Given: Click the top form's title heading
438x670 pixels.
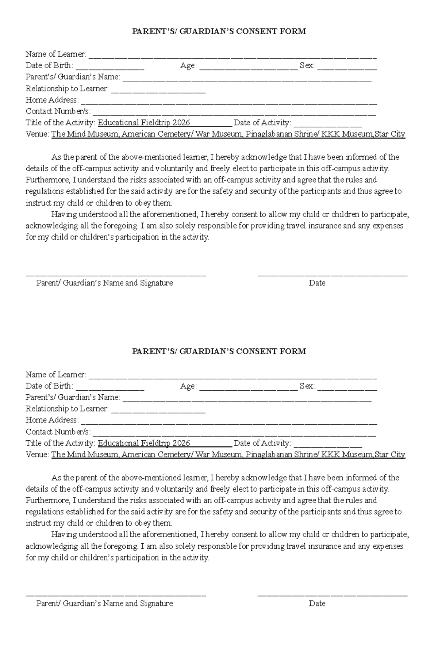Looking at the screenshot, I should coord(219,31).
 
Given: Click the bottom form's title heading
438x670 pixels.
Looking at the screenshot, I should coord(219,352).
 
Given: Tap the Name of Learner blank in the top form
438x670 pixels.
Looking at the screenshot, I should coord(233,57).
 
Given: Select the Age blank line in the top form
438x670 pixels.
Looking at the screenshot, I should coord(248,68).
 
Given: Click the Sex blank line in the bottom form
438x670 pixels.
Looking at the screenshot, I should coord(347,388).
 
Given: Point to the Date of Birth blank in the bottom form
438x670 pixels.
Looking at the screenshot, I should coord(110,388).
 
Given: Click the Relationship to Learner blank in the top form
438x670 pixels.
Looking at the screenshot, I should coord(158,91).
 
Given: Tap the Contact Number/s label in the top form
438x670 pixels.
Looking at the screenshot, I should coord(58,111).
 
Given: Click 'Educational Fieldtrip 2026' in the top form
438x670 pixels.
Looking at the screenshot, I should coord(144,123).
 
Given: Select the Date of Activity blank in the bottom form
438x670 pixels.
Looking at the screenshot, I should coord(327,445).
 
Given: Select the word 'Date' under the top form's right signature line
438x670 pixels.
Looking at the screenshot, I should coord(317,283).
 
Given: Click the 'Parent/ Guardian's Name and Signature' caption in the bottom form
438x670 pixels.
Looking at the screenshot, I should coord(104,604).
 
